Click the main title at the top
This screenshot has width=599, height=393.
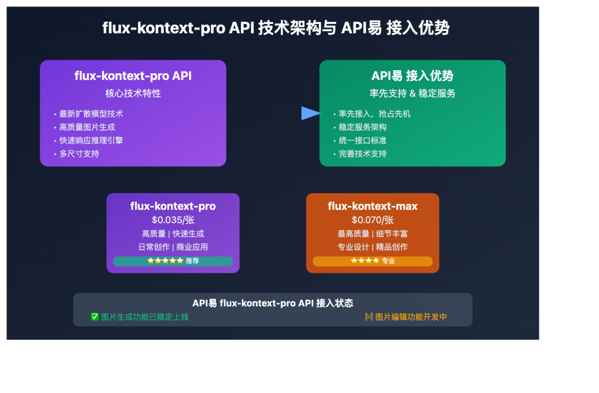pyautogui.click(x=276, y=28)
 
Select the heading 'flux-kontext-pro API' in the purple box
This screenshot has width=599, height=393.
pyautogui.click(x=133, y=76)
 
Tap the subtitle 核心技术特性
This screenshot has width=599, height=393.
pyautogui.click(x=133, y=93)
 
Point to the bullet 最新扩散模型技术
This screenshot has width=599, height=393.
pyautogui.click(x=91, y=114)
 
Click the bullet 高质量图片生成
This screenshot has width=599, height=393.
pyautogui.click(x=87, y=127)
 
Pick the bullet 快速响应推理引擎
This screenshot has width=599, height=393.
pyautogui.click(x=91, y=141)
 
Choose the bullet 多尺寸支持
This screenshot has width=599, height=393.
pyautogui.click(x=79, y=153)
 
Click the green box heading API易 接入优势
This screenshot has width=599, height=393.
pyautogui.click(x=412, y=76)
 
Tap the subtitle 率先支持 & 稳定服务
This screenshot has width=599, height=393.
pyautogui.click(x=412, y=93)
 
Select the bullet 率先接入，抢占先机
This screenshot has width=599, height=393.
pyautogui.click(x=374, y=114)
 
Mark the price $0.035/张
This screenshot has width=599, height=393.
pyautogui.click(x=173, y=220)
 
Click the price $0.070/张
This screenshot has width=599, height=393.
pyautogui.click(x=373, y=220)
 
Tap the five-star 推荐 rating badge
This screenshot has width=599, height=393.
pyautogui.click(x=173, y=261)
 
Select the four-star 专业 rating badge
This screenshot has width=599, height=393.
pyautogui.click(x=373, y=261)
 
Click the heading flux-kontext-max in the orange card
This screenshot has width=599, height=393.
pyautogui.click(x=373, y=206)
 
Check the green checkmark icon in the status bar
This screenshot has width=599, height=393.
pyautogui.click(x=95, y=317)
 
